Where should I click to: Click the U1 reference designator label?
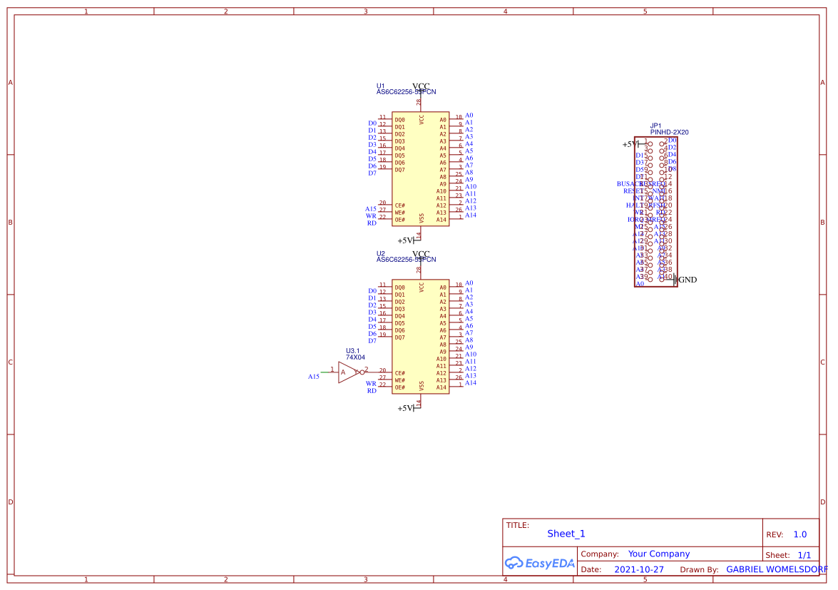380,86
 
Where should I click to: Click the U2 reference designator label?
380,253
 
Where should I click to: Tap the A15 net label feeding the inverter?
313,376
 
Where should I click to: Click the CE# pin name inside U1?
399,205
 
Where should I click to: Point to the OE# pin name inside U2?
399,387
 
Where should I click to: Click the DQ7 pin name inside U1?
399,170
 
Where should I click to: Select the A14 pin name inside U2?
441,387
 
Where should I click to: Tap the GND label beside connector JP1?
688,280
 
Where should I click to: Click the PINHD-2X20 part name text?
669,132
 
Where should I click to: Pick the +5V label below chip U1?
405,240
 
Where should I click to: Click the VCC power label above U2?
421,254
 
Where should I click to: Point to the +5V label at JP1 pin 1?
630,144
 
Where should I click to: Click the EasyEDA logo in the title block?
539,563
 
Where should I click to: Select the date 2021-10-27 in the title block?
638,569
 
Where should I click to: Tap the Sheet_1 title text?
566,534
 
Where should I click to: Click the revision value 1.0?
799,534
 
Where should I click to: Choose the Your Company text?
658,554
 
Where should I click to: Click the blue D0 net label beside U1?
372,123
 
